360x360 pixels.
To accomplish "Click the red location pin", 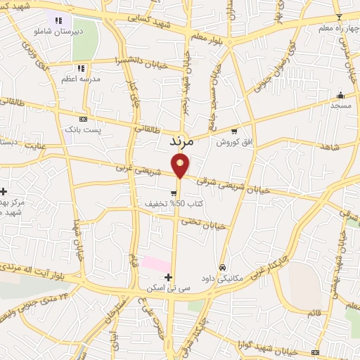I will (x=181, y=165).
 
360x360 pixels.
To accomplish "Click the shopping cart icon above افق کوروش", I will (x=234, y=130).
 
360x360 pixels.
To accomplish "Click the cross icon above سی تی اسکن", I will (x=168, y=277).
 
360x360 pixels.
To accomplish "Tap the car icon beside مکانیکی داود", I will (x=223, y=267).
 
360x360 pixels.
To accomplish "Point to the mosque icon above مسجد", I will (x=341, y=95).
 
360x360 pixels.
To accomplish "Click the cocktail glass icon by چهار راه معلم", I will (x=339, y=17).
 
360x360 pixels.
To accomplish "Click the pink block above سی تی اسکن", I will (x=155, y=264).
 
